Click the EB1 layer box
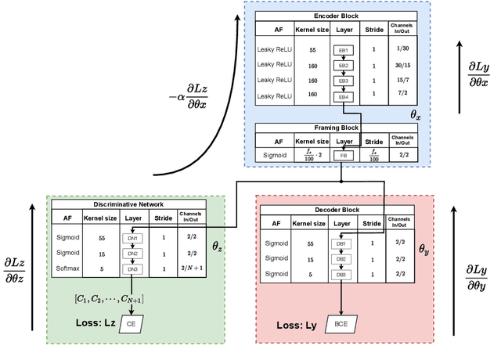(342, 49)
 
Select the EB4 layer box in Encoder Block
(342, 96)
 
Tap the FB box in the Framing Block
(342, 156)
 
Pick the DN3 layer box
(132, 269)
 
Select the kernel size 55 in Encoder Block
(290, 49)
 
